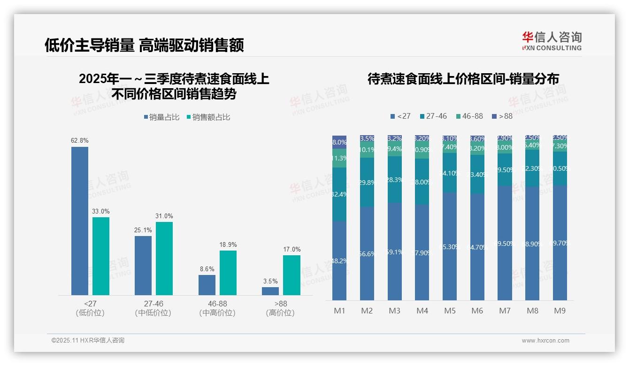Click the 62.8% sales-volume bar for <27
80,221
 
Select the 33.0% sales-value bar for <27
101,256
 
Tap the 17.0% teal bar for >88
292,275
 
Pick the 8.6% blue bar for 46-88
207,285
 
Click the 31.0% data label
164,216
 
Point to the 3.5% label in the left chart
270,282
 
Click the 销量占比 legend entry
161,117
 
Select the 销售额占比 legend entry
208,117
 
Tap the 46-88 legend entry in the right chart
469,116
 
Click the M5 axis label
450,311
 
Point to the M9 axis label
560,311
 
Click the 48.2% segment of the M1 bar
339,260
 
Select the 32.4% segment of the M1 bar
339,194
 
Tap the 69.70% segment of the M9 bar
560,243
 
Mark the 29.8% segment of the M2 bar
367,183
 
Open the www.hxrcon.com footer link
545,341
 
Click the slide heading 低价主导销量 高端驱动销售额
144,46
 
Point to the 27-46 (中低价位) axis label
153,308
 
